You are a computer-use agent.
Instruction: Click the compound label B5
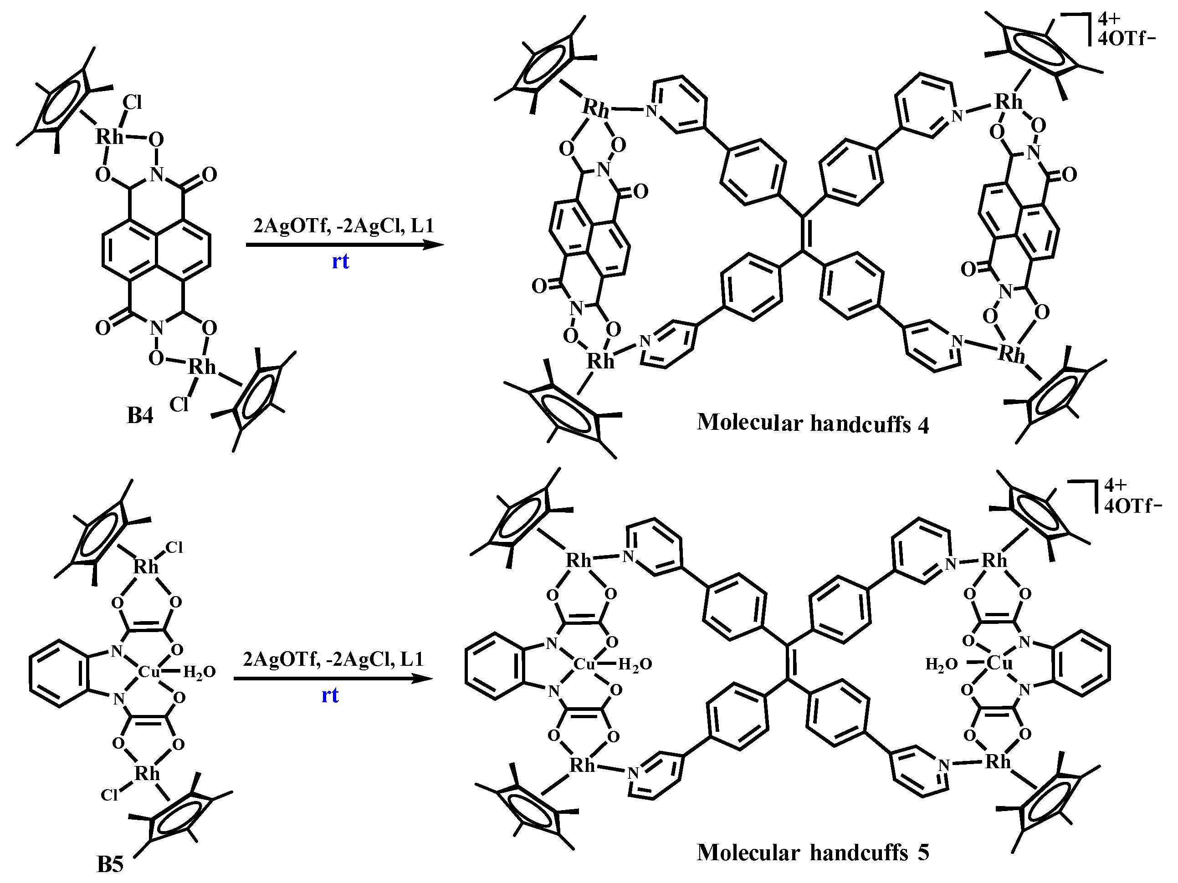110,864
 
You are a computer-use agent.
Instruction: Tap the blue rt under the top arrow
341,261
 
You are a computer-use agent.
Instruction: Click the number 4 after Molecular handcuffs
923,425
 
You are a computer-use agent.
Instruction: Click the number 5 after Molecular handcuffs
923,852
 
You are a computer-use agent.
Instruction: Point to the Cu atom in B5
149,672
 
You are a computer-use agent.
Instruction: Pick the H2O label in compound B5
199,673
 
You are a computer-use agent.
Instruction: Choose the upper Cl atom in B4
132,102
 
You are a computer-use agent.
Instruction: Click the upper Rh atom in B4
109,137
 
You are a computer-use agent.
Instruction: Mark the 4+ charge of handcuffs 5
1115,485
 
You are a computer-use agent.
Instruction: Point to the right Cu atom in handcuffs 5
999,663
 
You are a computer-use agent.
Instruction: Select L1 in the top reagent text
422,226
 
